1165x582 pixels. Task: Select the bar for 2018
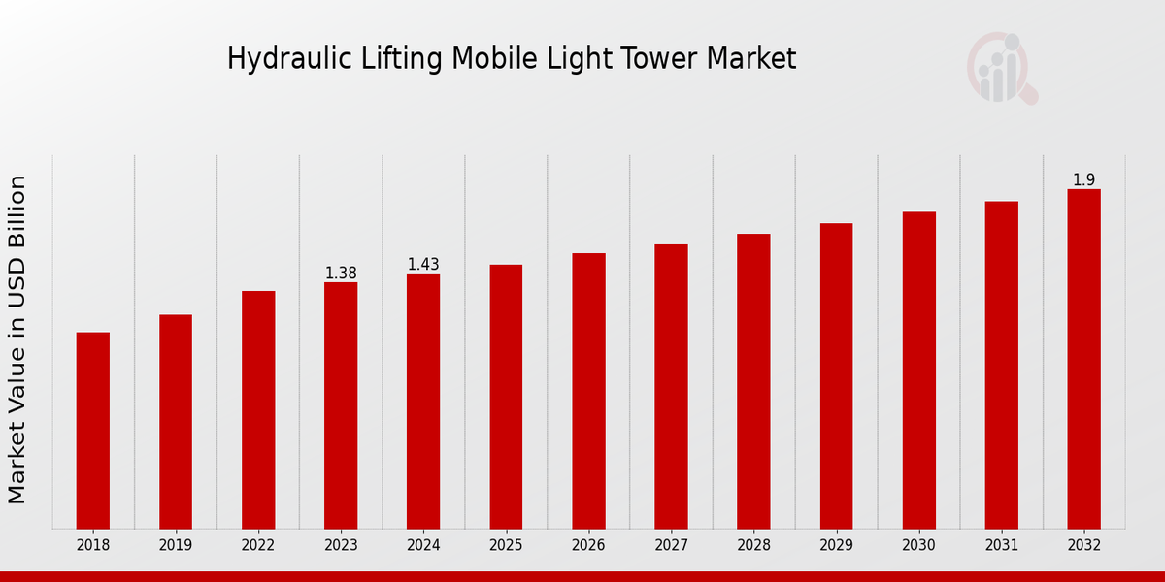pyautogui.click(x=93, y=431)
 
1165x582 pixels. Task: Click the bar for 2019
pyautogui.click(x=176, y=422)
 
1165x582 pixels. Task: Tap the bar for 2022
pyautogui.click(x=258, y=409)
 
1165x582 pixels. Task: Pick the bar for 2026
pyautogui.click(x=588, y=391)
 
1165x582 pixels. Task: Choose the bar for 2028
pyautogui.click(x=753, y=381)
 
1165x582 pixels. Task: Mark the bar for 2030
pyautogui.click(x=918, y=370)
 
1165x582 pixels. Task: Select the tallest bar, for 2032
pyautogui.click(x=1083, y=359)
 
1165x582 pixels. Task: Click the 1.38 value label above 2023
pyautogui.click(x=341, y=274)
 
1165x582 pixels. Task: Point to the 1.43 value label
pyautogui.click(x=423, y=265)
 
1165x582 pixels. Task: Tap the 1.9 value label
pyautogui.click(x=1083, y=180)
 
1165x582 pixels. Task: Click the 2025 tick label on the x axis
pyautogui.click(x=506, y=545)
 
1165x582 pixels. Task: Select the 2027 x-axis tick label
pyautogui.click(x=671, y=545)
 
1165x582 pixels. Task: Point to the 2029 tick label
pyautogui.click(x=836, y=545)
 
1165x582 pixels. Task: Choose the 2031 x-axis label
pyautogui.click(x=1001, y=545)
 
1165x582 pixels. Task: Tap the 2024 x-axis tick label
pyautogui.click(x=423, y=545)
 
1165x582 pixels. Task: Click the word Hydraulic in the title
pyautogui.click(x=276, y=59)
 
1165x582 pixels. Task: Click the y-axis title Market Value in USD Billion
pyautogui.click(x=17, y=339)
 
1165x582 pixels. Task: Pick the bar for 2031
pyautogui.click(x=1001, y=365)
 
